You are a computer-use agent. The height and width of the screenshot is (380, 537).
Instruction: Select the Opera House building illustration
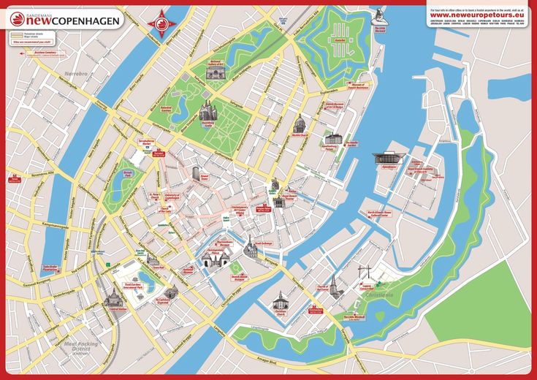click(x=385, y=157)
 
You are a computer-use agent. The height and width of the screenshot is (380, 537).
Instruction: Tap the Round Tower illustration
click(x=196, y=173)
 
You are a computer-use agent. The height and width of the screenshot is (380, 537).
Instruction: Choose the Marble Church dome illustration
click(x=298, y=123)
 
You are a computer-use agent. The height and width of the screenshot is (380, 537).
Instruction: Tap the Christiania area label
click(x=379, y=294)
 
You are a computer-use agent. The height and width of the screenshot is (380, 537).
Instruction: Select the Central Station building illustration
click(x=113, y=297)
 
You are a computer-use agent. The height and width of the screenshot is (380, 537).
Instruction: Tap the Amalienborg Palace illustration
click(x=333, y=138)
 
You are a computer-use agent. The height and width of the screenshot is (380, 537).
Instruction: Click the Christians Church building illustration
click(x=280, y=300)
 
